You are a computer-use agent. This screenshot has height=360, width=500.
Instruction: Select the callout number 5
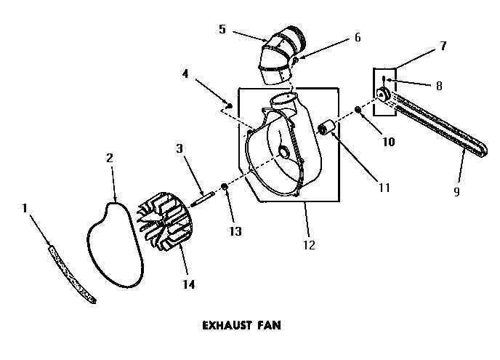point(222,30)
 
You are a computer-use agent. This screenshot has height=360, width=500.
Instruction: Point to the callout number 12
point(309,245)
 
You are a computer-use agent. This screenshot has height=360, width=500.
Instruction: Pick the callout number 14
point(188,284)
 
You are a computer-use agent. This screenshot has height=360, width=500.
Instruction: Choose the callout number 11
point(384,187)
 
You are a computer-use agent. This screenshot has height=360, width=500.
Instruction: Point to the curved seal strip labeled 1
point(71,274)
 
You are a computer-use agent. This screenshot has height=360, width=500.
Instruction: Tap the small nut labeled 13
point(225,188)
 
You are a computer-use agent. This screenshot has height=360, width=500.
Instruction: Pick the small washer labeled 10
point(358,111)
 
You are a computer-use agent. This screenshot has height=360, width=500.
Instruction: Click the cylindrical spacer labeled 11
point(327,129)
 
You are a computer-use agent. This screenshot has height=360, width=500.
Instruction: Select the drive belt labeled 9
point(436,128)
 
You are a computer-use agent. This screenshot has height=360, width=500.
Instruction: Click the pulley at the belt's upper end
point(383,94)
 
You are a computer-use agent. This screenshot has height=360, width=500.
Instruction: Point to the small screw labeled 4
point(230,106)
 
